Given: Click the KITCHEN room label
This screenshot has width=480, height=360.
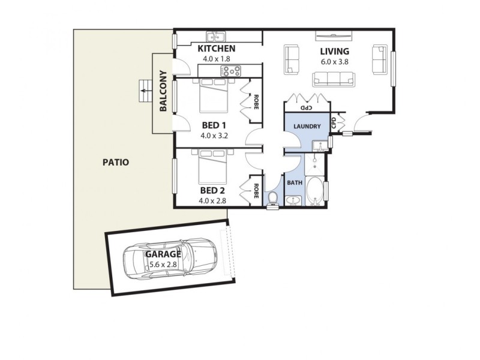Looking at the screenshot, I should coord(217,49).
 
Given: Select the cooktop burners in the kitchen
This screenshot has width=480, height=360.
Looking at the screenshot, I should coord(230,71).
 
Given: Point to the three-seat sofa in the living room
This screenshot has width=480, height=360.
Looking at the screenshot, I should coord(333,79).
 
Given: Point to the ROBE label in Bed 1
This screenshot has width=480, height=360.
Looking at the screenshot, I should coord(256,100).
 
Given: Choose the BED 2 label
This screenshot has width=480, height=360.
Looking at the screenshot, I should coord(212,191).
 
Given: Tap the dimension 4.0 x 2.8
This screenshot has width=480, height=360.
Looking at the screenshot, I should coord(212,201).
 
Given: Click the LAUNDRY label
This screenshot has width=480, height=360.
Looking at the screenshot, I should coord(307,127).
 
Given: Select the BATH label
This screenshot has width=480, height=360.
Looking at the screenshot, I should coord(294,182).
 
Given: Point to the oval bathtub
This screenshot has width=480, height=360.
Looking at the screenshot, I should coord(315,192).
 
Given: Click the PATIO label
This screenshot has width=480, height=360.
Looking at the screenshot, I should coord(116,162).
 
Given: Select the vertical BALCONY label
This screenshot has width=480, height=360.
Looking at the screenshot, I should coord(163,92).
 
